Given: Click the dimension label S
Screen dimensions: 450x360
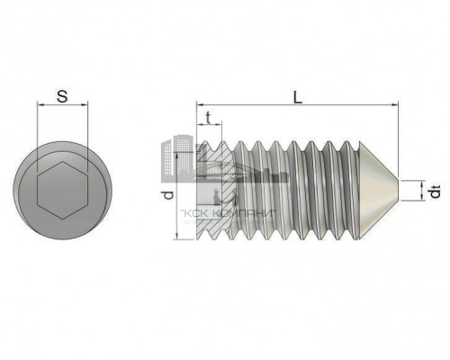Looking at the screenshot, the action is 62,96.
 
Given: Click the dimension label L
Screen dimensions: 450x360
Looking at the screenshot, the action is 297,97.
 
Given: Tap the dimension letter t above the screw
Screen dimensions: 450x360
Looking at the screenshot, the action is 208,118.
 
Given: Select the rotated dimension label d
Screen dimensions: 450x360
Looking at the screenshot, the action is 169,195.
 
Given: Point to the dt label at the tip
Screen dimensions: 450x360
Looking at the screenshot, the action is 435,192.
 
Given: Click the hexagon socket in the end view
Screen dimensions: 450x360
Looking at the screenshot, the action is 62,190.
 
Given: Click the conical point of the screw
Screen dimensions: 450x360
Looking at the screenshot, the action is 379,190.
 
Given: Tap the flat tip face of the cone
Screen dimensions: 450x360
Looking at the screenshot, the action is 399,190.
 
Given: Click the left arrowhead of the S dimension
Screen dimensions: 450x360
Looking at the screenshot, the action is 40,104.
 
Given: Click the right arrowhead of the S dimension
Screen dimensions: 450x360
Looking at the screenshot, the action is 85,104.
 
